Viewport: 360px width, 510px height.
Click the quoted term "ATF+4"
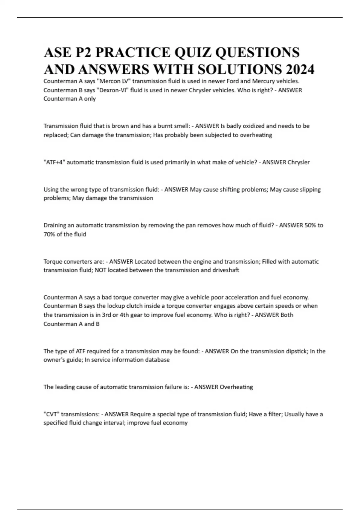[54, 162]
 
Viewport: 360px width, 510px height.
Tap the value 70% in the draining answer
[49, 234]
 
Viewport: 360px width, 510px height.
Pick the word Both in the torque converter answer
[286, 315]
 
